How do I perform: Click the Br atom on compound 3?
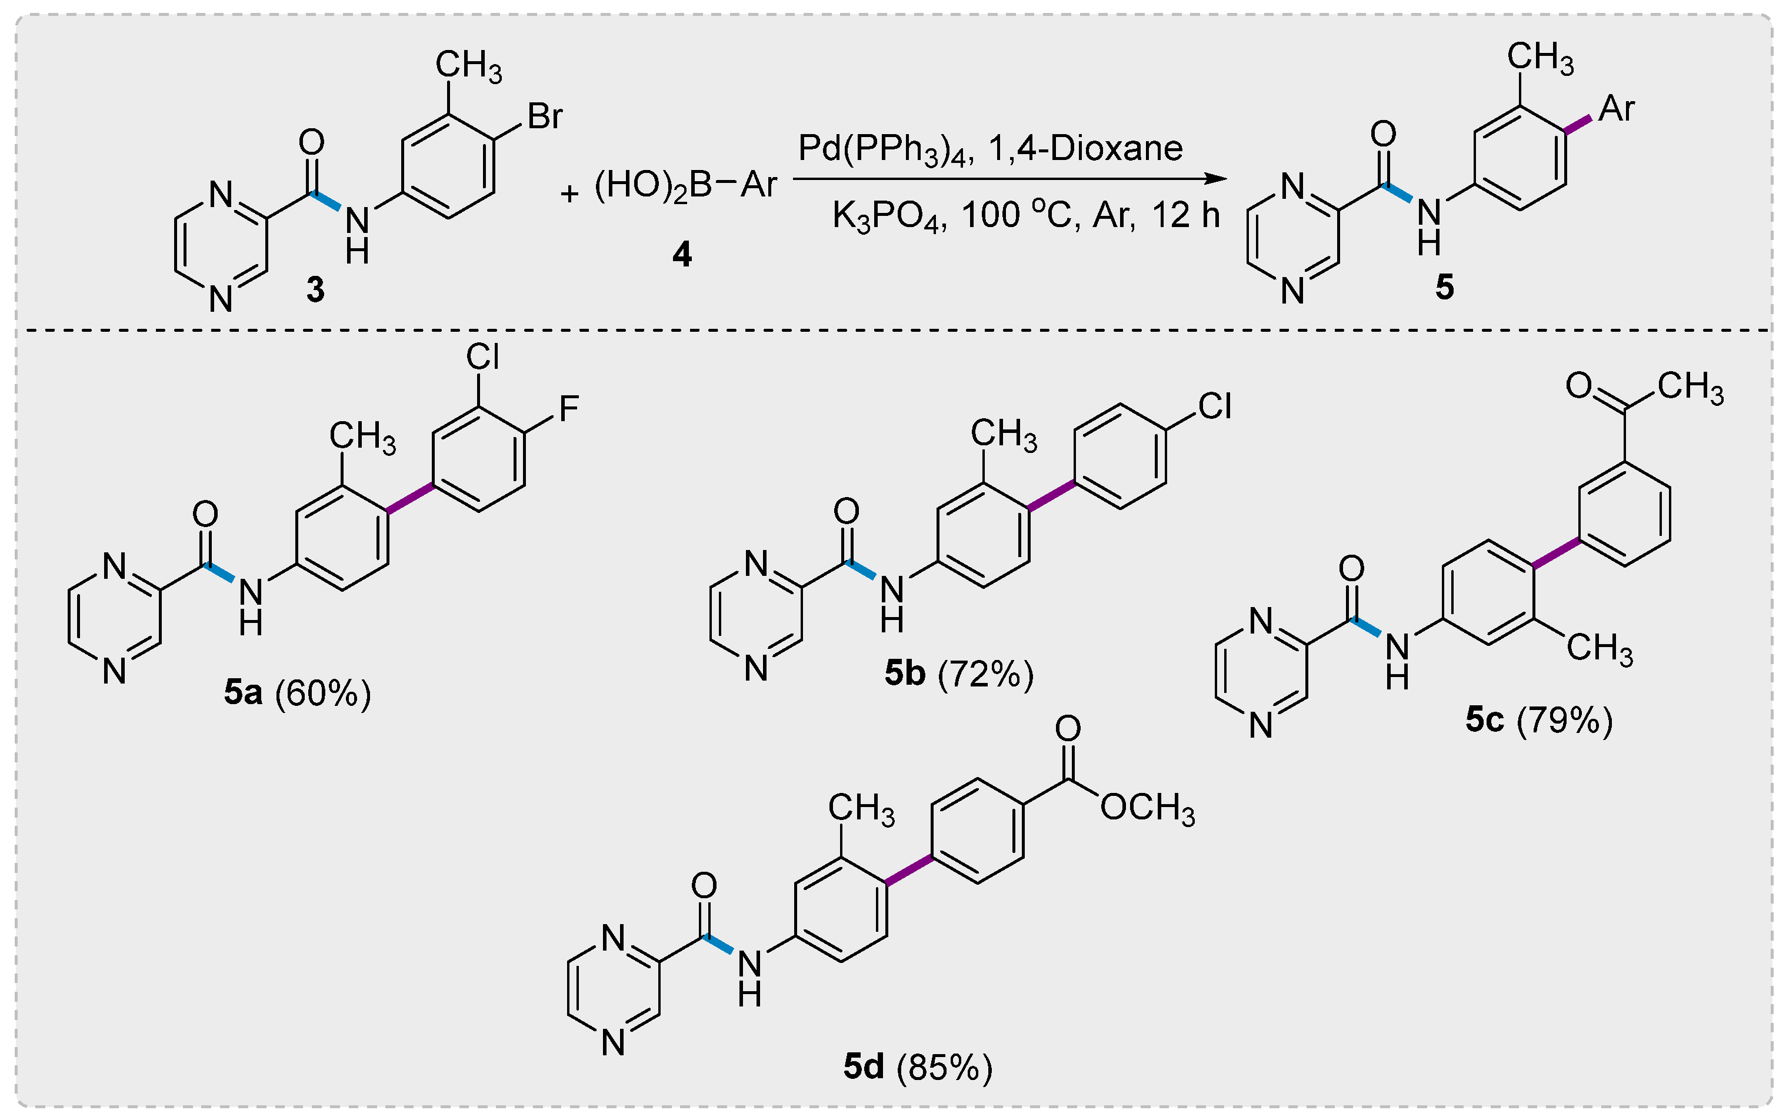click(545, 116)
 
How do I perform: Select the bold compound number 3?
click(315, 289)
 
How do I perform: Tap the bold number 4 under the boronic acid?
click(681, 254)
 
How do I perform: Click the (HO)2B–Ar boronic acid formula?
click(685, 185)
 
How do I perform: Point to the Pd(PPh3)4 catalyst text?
click(881, 149)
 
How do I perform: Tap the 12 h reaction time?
click(1185, 215)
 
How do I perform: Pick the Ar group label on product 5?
click(1617, 109)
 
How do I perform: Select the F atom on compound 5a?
click(568, 408)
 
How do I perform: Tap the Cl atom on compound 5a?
click(482, 357)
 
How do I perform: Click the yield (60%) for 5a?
click(323, 694)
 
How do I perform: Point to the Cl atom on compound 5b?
click(1215, 406)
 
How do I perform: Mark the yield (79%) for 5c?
click(1564, 720)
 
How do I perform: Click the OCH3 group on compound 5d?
click(1147, 808)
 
